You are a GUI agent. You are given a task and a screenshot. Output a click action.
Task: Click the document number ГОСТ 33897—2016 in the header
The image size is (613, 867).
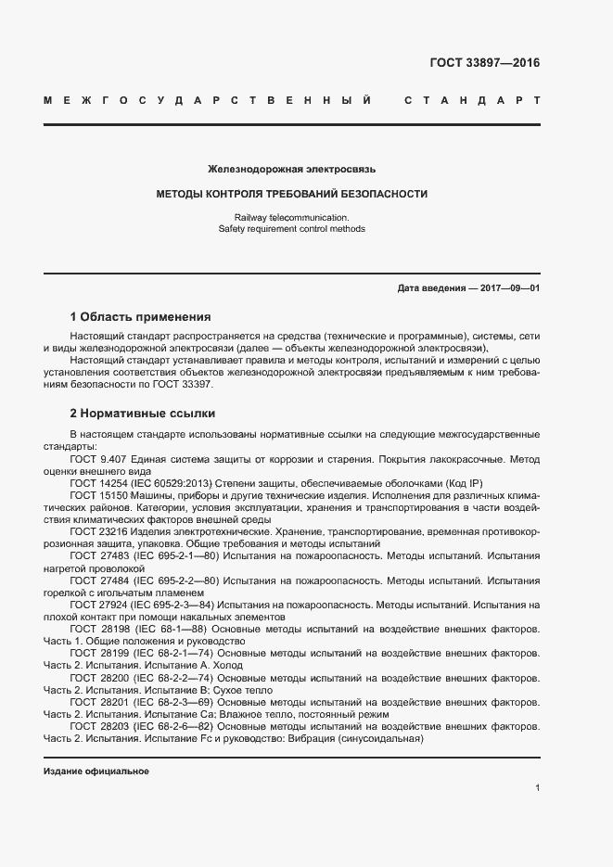click(484, 63)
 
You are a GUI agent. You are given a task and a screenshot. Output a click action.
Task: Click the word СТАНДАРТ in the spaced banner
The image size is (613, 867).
click(472, 99)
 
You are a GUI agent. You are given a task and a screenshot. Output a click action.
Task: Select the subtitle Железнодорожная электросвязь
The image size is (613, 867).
click(291, 170)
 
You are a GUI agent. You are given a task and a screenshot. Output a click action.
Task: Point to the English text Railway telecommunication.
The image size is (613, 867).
click(291, 216)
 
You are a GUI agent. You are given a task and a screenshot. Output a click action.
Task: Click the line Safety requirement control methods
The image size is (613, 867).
click(291, 228)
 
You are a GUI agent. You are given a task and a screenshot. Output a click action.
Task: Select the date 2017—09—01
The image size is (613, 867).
click(510, 288)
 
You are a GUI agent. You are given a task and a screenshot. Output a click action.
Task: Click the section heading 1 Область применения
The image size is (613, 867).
click(140, 316)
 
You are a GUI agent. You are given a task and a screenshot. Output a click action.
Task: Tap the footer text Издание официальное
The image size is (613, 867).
click(96, 771)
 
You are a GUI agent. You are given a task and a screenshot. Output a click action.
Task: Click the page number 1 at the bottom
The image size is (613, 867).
click(537, 788)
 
